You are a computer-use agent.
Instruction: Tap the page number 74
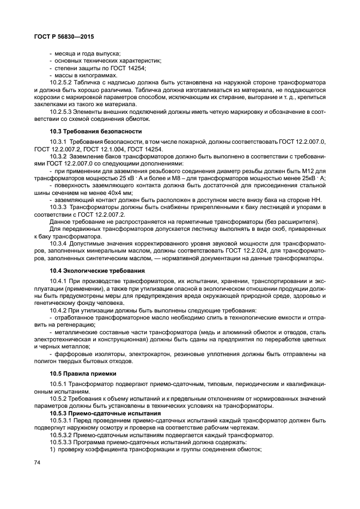click(37, 463)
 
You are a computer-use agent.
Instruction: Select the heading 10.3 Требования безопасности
click(88, 132)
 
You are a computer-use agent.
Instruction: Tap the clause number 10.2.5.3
click(61, 111)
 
